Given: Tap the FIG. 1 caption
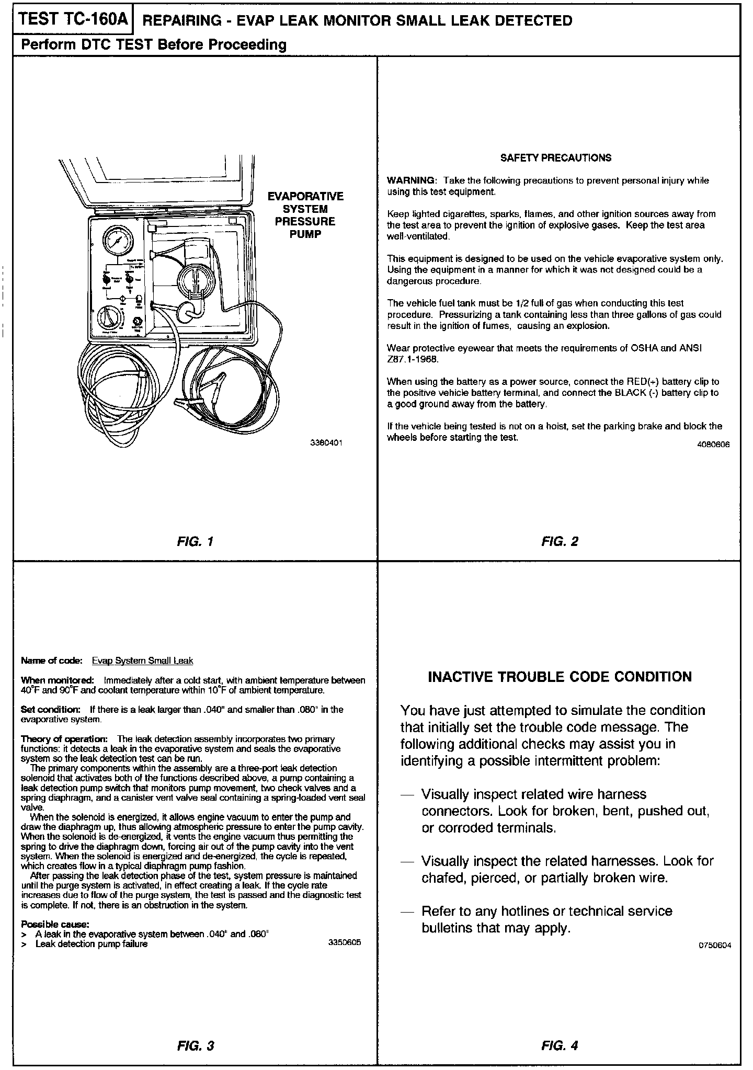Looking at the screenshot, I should (x=195, y=541).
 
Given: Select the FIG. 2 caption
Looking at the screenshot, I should (x=560, y=541).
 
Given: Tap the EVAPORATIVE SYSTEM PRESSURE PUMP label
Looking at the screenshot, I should (x=305, y=215).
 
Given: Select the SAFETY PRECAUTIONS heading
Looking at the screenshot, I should (x=555, y=158).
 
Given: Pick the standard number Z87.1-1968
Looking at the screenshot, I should (x=413, y=360).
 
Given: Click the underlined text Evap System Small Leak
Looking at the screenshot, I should (x=142, y=661).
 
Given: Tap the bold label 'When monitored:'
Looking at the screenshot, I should (x=57, y=680).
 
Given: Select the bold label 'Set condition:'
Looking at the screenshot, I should (x=50, y=710).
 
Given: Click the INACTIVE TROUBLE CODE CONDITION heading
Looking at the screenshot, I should (x=560, y=677).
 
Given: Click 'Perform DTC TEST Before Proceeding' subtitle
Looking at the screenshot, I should (x=153, y=45).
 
